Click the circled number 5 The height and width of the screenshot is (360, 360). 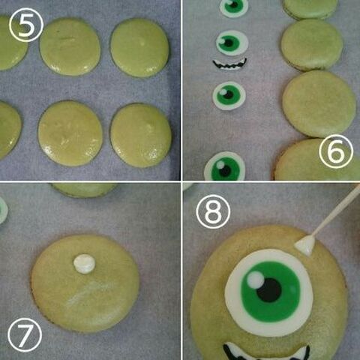(x=26, y=25)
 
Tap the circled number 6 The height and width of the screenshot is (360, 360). (x=336, y=151)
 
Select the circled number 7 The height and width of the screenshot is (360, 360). (x=25, y=335)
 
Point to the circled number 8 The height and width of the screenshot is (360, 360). (x=213, y=211)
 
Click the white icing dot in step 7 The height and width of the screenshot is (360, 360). (x=84, y=264)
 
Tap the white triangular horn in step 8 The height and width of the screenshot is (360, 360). (x=305, y=245)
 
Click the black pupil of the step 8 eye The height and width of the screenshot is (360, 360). (x=269, y=290)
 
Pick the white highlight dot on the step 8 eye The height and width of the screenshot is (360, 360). (x=256, y=280)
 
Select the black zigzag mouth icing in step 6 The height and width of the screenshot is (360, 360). (x=229, y=64)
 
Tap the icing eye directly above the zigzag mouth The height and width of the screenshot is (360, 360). (x=232, y=43)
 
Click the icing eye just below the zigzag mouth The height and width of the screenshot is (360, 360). (x=229, y=96)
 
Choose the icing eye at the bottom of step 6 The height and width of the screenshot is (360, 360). (x=225, y=167)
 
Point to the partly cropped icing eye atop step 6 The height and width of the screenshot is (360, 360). (x=234, y=7)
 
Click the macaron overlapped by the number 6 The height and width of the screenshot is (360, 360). (x=317, y=160)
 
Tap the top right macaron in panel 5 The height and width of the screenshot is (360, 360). (x=139, y=48)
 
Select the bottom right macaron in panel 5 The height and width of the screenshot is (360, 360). (x=141, y=135)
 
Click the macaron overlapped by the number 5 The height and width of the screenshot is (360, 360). (x=13, y=43)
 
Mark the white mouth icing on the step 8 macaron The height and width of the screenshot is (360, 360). (x=267, y=352)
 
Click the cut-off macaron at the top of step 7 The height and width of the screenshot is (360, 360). (x=84, y=190)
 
